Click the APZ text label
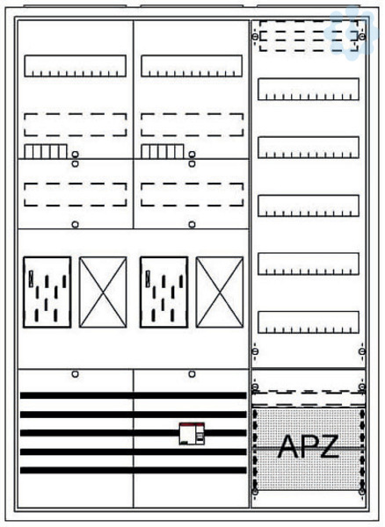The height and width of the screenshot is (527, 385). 308,446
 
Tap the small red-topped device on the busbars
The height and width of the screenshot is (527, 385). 192,434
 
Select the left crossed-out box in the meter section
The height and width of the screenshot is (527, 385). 103,292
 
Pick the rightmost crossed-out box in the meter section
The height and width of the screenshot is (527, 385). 220,292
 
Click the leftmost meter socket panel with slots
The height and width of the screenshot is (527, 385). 47,292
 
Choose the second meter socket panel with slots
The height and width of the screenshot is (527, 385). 163,292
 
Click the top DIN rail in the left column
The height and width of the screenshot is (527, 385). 75,66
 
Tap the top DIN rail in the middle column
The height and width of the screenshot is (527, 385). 192,66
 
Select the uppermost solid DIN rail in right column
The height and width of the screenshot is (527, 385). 309,89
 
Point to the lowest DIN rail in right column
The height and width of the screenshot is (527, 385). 309,322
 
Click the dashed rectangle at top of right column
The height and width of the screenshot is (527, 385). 309,36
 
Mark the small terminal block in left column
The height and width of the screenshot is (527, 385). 46,151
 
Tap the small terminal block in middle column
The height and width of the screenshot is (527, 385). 163,151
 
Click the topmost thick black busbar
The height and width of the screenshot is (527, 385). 133,395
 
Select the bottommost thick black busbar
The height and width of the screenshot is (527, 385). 133,470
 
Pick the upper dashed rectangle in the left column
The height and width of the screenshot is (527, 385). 76,125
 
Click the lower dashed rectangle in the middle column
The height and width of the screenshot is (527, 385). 192,194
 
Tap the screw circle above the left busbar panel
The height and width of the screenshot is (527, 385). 76,374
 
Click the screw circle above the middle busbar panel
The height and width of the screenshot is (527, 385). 192,374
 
